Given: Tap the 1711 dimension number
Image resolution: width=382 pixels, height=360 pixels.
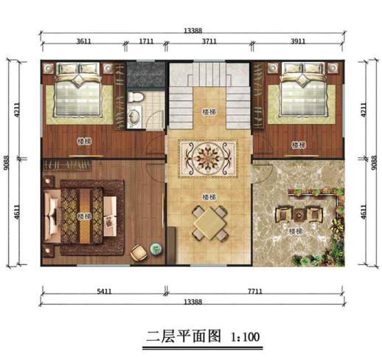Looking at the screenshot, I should (146, 43).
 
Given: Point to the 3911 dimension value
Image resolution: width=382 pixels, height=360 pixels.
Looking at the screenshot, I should (298, 43).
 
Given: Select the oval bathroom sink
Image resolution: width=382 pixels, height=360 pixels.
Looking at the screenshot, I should (135, 117).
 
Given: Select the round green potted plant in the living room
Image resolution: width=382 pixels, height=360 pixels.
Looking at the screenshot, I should (155, 249).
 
